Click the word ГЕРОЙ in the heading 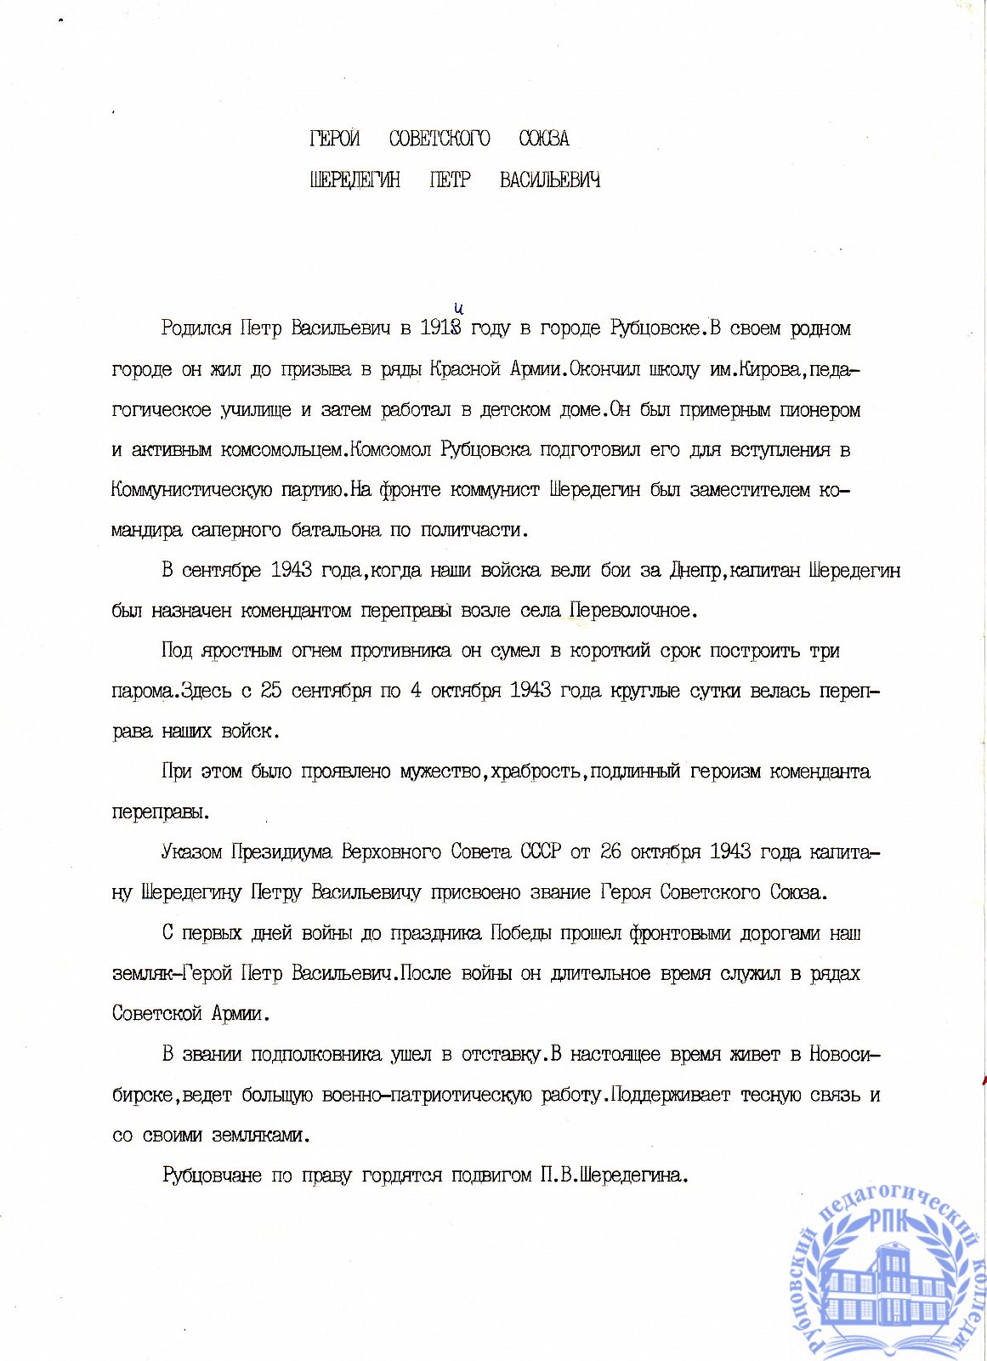tap(335, 139)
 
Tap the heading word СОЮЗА tap(544, 139)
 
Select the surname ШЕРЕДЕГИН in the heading tap(355, 180)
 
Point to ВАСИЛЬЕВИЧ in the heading tap(550, 180)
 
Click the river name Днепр tap(695, 571)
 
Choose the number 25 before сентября tap(271, 691)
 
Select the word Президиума tap(282, 852)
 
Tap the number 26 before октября tap(611, 852)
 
